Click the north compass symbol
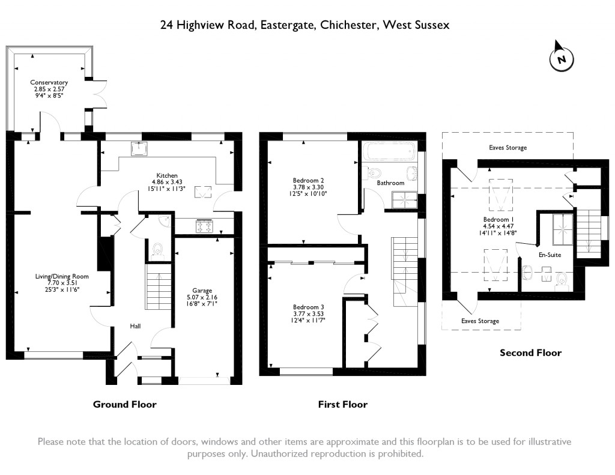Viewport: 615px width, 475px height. point(562,58)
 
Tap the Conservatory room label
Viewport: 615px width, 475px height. point(49,88)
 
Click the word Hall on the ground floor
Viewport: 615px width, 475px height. point(135,326)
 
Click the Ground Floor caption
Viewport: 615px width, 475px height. point(124,404)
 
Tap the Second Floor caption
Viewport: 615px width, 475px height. point(530,352)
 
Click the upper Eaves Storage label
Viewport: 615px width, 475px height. point(507,147)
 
